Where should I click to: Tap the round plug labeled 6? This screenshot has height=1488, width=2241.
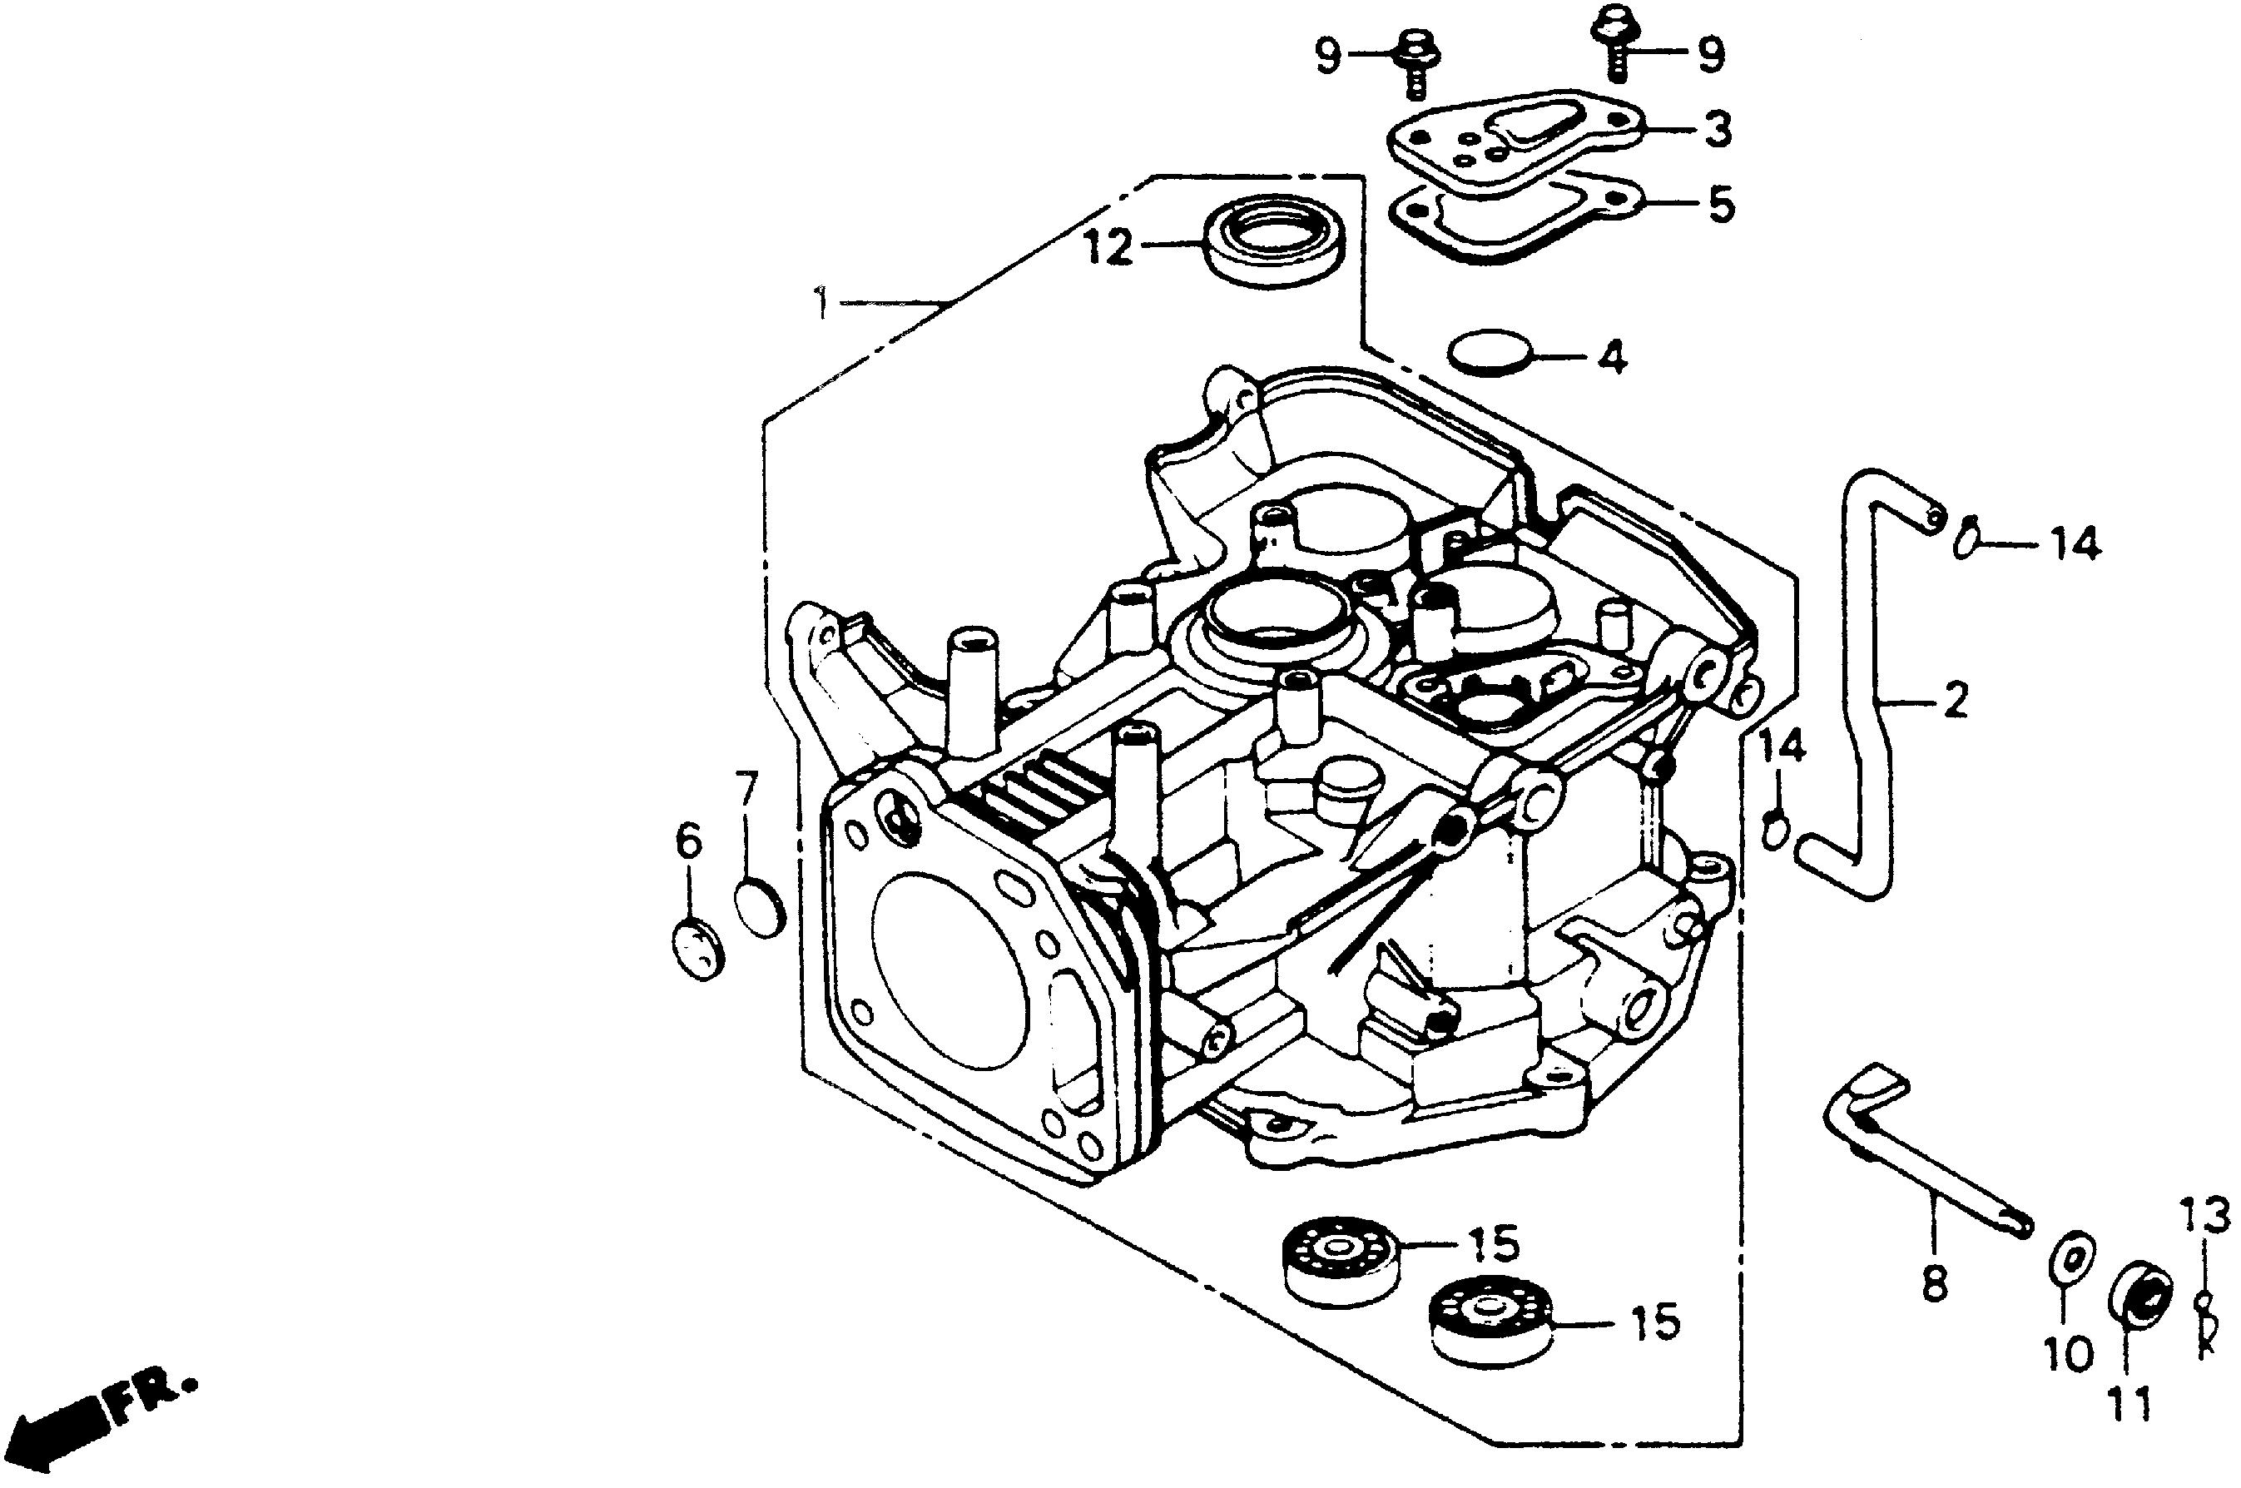point(697,948)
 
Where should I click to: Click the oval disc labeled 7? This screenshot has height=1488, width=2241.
point(760,908)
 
